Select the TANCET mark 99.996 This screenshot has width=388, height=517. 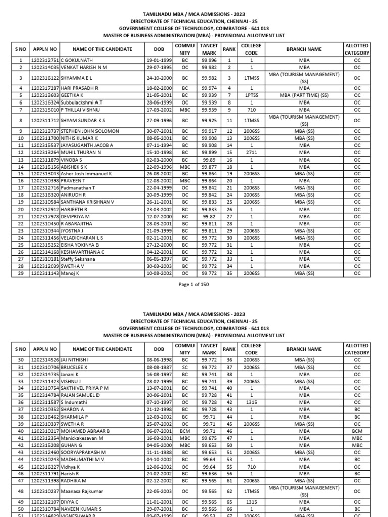click(x=209, y=60)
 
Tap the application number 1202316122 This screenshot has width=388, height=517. click(x=45, y=78)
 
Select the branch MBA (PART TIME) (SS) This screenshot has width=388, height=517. click(x=304, y=95)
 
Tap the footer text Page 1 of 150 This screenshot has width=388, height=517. click(x=194, y=285)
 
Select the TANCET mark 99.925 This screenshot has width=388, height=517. click(x=209, y=121)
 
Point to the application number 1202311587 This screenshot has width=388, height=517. click(x=45, y=402)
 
